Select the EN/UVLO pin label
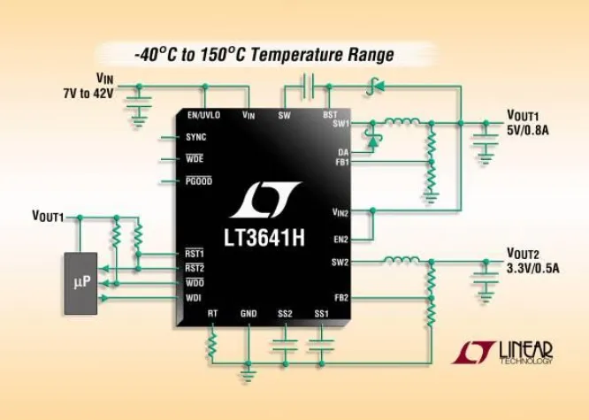[204, 116]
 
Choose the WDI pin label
[194, 298]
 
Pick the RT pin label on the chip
[212, 314]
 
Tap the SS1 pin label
[321, 314]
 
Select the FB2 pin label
[343, 298]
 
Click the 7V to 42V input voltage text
[88, 93]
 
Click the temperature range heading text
[264, 55]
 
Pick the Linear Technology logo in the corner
[503, 351]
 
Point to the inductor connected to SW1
[404, 122]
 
